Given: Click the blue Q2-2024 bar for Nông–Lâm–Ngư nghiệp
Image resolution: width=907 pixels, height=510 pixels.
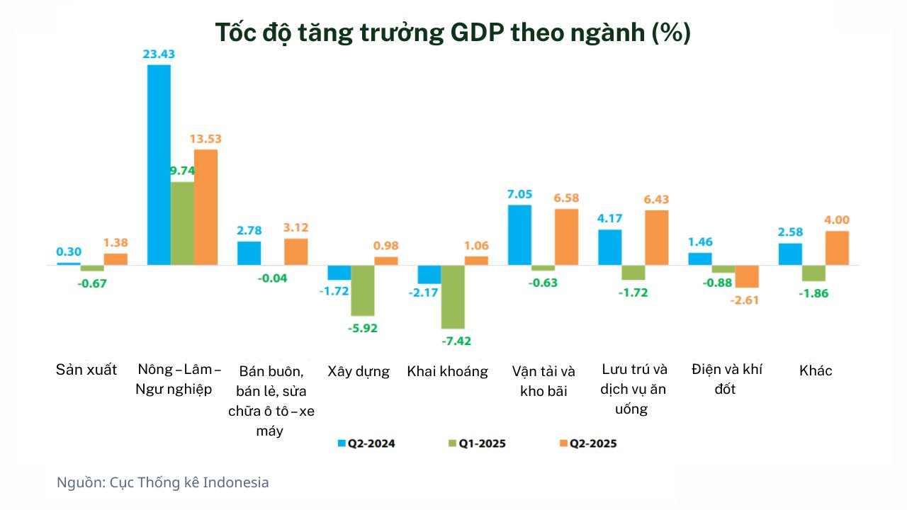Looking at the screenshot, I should [x=159, y=165].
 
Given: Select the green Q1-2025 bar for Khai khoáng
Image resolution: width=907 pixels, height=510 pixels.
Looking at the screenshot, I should [x=453, y=297].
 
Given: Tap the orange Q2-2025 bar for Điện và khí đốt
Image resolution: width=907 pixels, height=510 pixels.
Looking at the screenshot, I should [x=747, y=276].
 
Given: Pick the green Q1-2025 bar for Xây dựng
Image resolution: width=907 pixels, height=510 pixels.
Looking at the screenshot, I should [x=363, y=290].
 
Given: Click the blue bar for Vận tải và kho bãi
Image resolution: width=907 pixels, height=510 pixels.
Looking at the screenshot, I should [x=520, y=235].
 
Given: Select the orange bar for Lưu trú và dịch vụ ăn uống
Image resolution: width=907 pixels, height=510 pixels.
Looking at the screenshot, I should [x=657, y=237].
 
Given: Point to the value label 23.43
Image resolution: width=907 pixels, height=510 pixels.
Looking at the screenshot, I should [x=159, y=54].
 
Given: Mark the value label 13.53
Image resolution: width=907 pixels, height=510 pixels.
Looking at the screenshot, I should [x=206, y=139].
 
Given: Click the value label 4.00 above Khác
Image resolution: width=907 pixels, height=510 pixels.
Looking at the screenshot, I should [x=837, y=220].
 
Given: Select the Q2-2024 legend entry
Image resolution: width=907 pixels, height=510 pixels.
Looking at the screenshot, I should [x=366, y=444].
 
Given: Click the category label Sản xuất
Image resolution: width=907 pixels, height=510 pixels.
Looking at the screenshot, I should [x=86, y=370].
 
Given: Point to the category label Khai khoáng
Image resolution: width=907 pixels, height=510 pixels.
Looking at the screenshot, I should [x=447, y=371].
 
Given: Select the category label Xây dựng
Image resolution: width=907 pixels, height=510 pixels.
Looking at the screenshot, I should [x=359, y=371].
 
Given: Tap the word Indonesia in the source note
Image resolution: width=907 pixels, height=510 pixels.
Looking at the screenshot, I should [x=236, y=482].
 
